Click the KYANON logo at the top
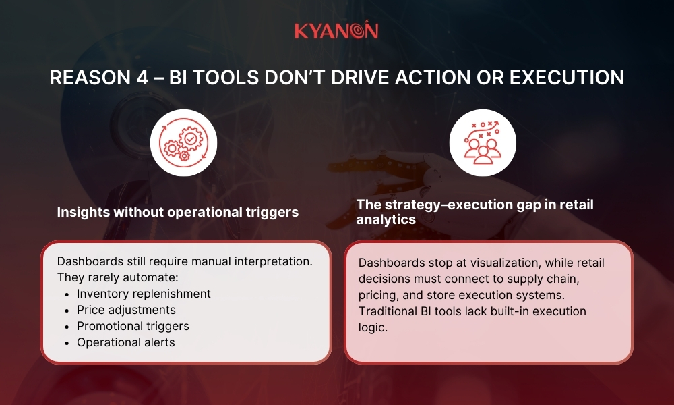point(336,30)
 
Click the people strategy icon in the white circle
point(482,142)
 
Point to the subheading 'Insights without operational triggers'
point(177,212)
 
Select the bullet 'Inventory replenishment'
point(144,294)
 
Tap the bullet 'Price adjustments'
point(126,310)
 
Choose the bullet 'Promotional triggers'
point(133,326)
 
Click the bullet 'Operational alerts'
point(125,342)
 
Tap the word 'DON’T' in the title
point(319,78)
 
